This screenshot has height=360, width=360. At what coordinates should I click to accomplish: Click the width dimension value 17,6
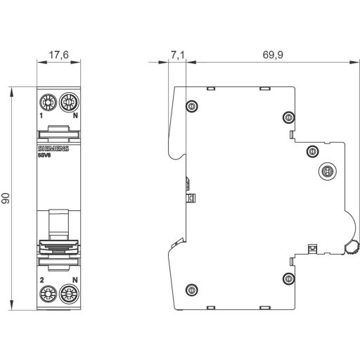[x=59, y=56]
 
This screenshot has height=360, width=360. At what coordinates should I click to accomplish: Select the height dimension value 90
[x=6, y=198]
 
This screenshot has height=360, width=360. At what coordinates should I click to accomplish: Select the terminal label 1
[x=42, y=115]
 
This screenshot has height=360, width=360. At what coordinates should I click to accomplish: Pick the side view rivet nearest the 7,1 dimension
[x=191, y=106]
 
